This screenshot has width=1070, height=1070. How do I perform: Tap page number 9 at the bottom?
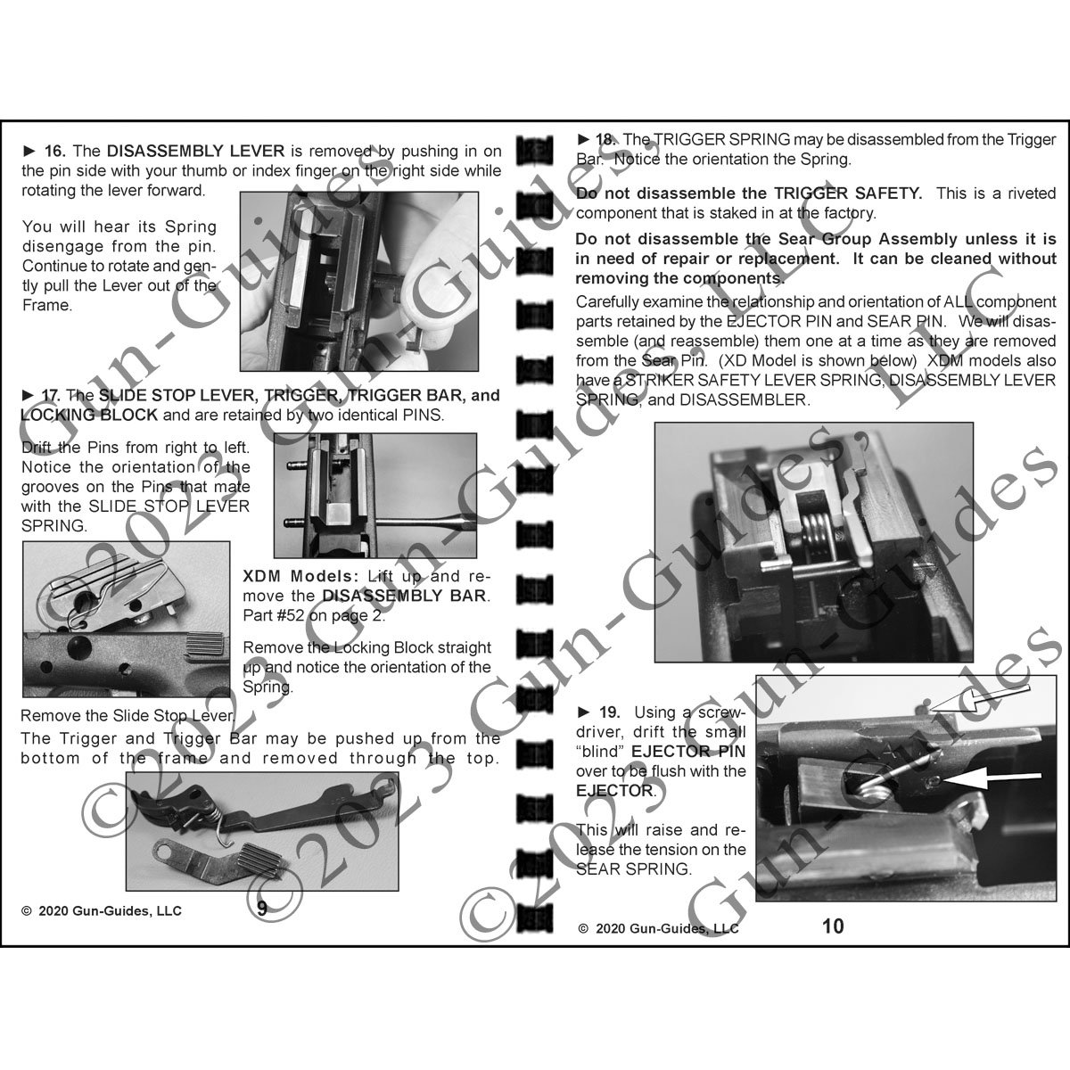pyautogui.click(x=261, y=909)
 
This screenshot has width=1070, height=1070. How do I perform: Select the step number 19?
pyautogui.click(x=609, y=712)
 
